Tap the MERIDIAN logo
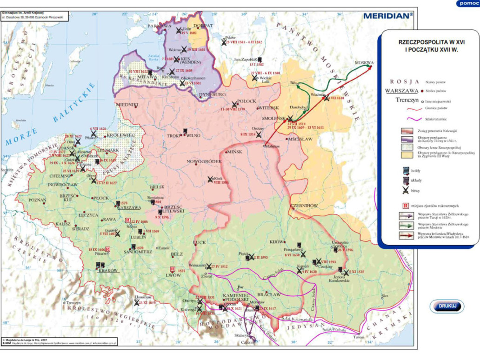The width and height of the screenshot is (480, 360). (x=387, y=15)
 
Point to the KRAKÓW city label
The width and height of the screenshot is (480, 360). (x=107, y=270)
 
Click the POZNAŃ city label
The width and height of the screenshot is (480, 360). (x=37, y=200)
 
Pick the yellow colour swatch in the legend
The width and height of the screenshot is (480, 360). (x=406, y=153)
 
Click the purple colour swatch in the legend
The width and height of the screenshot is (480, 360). (x=406, y=139)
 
